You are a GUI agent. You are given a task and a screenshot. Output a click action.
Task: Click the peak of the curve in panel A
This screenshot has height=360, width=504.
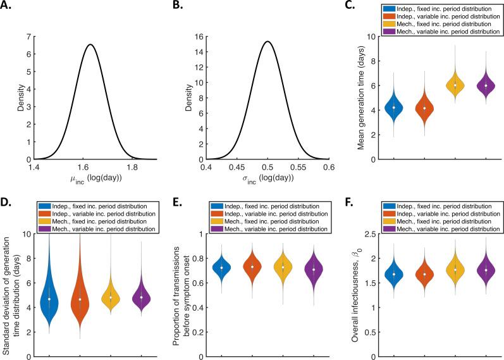pyautogui.click(x=91, y=45)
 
